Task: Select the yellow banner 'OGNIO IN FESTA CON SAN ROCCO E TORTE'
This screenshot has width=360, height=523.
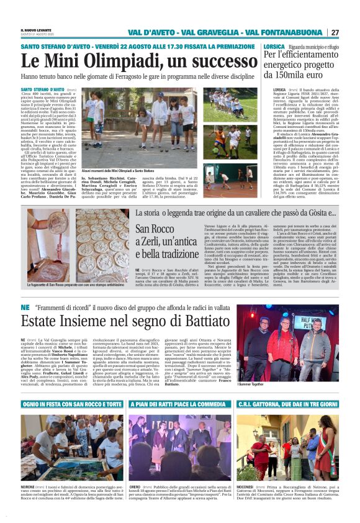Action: [71, 404]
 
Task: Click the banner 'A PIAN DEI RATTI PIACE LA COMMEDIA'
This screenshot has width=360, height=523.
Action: [179, 404]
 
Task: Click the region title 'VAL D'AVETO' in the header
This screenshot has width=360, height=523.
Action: [148, 32]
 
